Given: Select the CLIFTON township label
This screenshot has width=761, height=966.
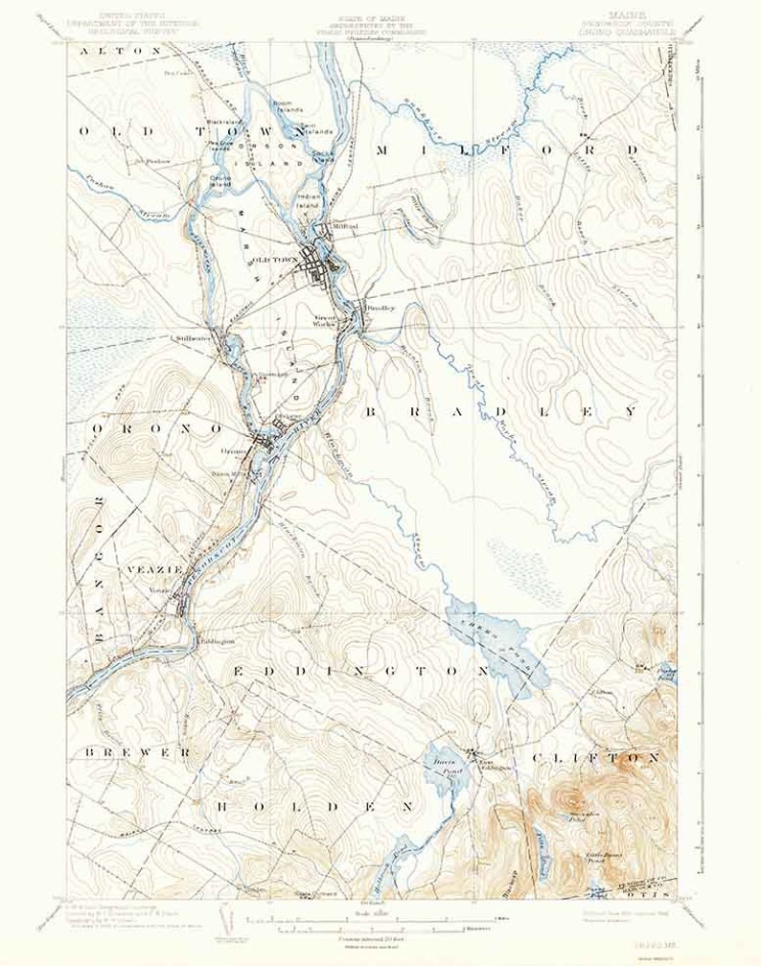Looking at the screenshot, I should point(596,757).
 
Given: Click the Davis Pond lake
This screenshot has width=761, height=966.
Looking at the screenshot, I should point(442,767).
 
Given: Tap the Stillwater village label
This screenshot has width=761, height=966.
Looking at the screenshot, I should point(193,338).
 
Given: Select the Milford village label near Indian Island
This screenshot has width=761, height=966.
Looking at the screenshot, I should point(344,226).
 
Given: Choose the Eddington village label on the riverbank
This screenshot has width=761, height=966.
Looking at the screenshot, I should point(217,642).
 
